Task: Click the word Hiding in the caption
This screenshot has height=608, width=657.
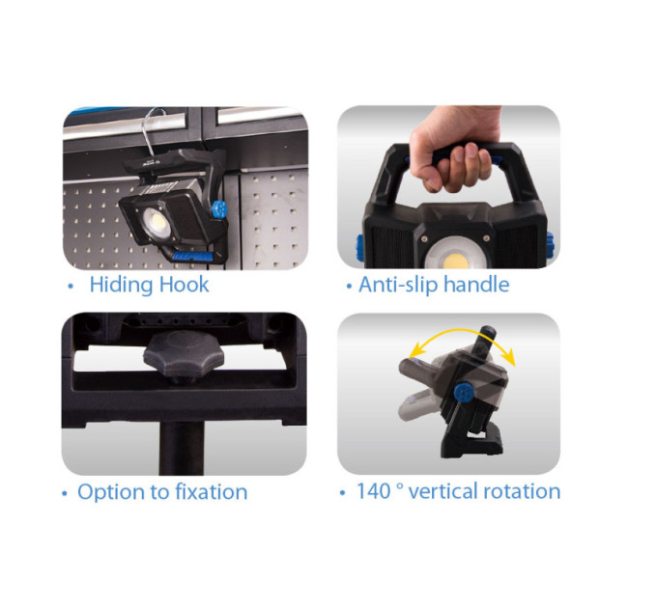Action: click(x=121, y=286)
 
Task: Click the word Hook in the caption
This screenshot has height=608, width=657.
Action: click(x=184, y=285)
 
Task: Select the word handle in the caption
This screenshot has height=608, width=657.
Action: click(x=477, y=285)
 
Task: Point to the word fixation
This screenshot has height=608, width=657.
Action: click(x=212, y=491)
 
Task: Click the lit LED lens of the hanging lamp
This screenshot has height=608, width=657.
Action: click(x=157, y=224)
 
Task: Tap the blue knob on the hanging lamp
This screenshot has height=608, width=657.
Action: click(x=218, y=209)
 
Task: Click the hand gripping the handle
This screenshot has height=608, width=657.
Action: click(x=455, y=149)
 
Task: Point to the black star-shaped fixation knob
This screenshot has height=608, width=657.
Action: click(x=184, y=353)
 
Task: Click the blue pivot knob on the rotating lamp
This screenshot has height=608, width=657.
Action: click(x=464, y=393)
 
